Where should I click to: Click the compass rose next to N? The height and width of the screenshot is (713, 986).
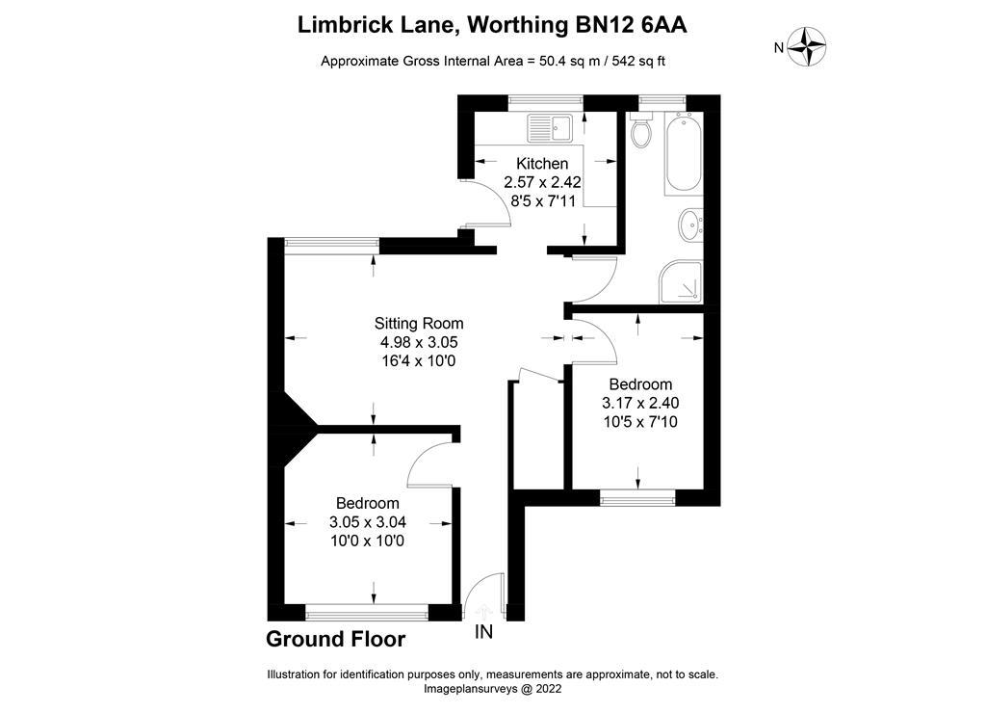click(x=807, y=46)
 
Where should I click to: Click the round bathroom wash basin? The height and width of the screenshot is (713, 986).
click(x=690, y=225)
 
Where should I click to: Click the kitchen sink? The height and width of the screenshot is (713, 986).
click(x=550, y=126)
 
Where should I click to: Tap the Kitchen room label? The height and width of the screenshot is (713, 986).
click(x=542, y=164)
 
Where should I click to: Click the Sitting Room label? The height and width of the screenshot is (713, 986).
click(x=419, y=324)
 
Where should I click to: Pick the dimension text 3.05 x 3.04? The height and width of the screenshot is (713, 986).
click(x=367, y=522)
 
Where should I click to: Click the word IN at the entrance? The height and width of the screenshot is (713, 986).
click(x=483, y=632)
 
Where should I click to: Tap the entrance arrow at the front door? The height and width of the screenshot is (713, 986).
click(x=483, y=610)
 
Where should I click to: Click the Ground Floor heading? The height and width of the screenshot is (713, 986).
click(x=335, y=639)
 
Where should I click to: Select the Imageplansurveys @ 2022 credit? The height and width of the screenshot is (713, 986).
click(x=492, y=689)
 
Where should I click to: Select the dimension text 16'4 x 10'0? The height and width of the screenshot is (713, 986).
click(x=419, y=361)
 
